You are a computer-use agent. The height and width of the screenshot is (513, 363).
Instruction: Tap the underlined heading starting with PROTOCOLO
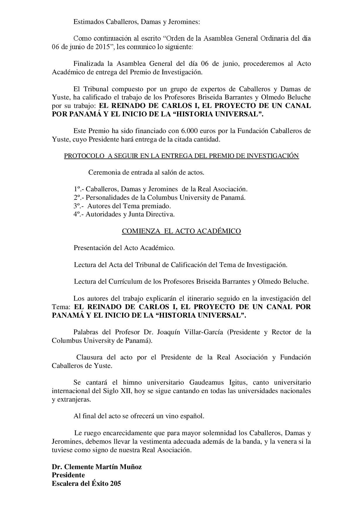tap(181, 156)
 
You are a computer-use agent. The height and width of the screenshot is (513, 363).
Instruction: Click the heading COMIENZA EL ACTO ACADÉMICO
tap(181, 231)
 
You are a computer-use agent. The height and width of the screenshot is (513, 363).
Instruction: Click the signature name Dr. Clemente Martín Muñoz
tap(97, 467)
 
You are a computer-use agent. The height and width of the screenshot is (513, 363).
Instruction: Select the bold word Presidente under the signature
tap(69, 475)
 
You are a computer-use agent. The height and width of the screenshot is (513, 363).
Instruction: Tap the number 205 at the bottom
tap(115, 483)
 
